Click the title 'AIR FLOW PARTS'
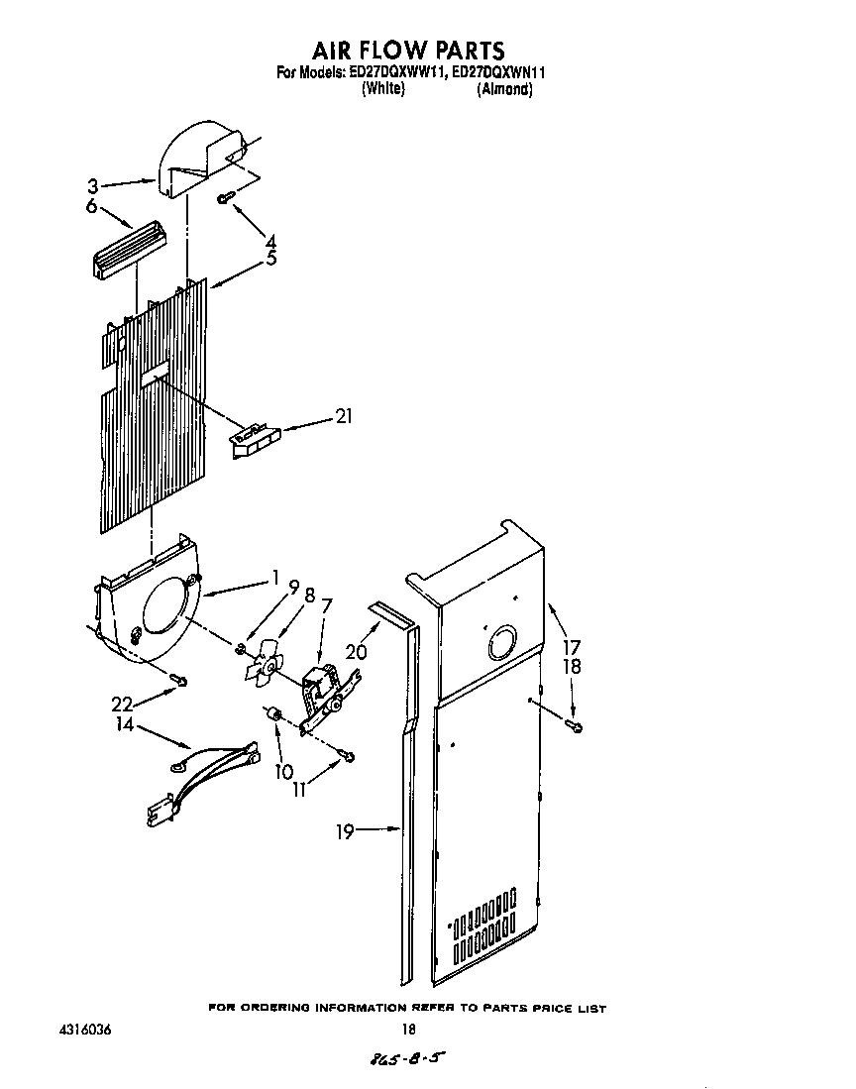[x=409, y=50]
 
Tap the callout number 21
[x=343, y=416]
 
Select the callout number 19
[x=345, y=831]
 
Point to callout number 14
[x=124, y=724]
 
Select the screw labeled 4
[x=225, y=199]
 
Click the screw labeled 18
[x=574, y=727]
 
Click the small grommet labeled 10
[x=277, y=716]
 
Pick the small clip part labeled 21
[x=255, y=437]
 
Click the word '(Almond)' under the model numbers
[x=505, y=89]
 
